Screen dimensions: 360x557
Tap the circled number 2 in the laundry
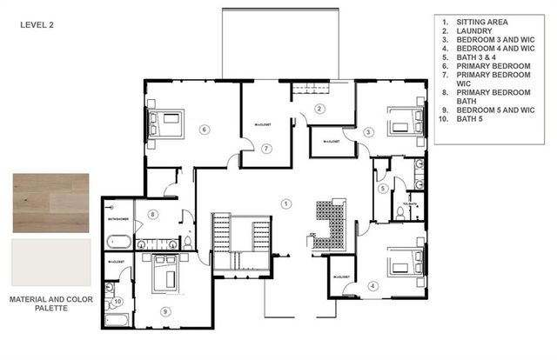(319, 109)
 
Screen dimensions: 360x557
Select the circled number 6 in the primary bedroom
(205, 130)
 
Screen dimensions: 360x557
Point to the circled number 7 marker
(267, 149)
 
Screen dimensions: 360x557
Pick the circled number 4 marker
(372, 285)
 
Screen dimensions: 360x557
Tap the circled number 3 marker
(369, 132)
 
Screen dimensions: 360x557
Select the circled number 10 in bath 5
(118, 302)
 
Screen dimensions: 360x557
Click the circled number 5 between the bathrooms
(382, 189)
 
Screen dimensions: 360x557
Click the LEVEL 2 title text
(37, 25)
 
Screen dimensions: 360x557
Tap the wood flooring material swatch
(50, 203)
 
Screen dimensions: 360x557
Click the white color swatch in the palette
(50, 263)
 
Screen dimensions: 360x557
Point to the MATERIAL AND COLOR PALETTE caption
(50, 303)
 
